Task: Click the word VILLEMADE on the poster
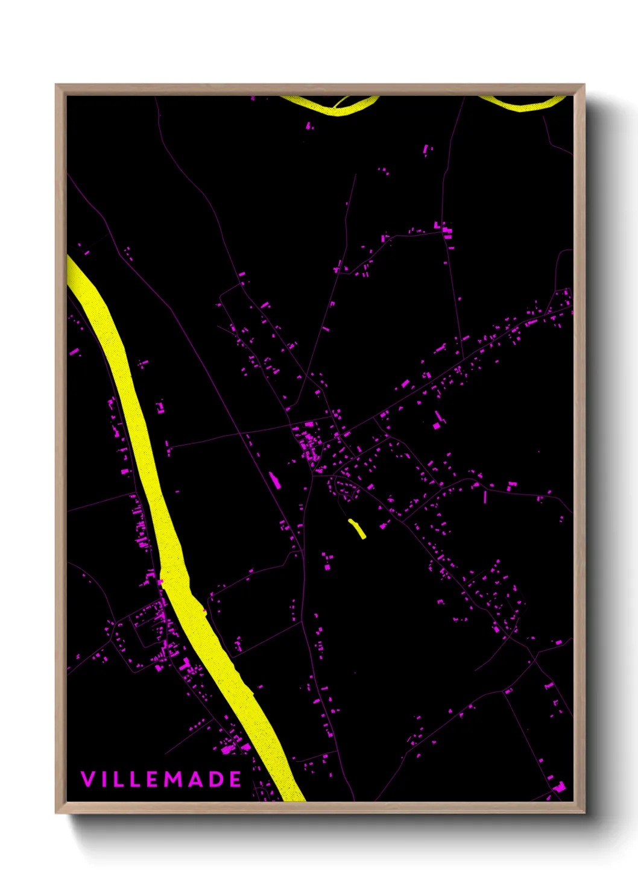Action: point(161,779)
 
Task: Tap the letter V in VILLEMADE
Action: point(87,779)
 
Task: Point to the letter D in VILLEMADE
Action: point(217,779)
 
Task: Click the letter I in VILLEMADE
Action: point(103,779)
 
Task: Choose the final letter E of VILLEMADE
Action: point(236,779)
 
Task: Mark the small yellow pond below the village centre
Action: point(358,529)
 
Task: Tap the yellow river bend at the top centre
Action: point(338,107)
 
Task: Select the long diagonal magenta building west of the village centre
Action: point(274,480)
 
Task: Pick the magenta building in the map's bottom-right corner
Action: point(560,787)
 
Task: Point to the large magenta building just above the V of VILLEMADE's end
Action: point(228,749)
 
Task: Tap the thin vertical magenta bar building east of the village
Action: point(485,497)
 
